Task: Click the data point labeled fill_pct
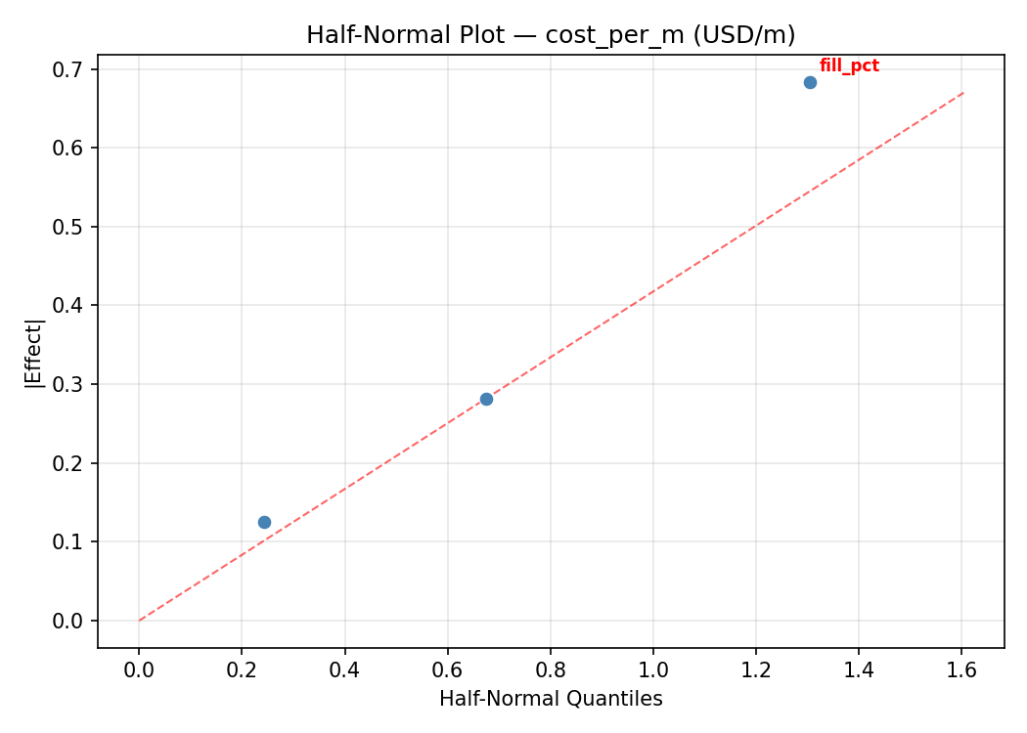click(x=810, y=82)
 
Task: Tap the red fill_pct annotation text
click(x=849, y=66)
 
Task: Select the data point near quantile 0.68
click(x=486, y=399)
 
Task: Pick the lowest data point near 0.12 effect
click(x=264, y=522)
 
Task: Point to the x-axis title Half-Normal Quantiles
click(x=551, y=699)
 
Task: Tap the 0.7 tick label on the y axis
click(x=70, y=69)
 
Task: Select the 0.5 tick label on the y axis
click(x=70, y=227)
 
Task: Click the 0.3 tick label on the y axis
click(x=70, y=384)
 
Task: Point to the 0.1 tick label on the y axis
click(x=70, y=541)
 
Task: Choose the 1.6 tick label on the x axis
click(x=961, y=669)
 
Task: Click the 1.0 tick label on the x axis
click(x=653, y=669)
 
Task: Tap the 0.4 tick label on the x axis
click(x=344, y=669)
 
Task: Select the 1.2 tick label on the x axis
click(x=756, y=669)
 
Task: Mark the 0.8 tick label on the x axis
click(x=550, y=669)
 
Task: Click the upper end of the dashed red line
click(x=963, y=93)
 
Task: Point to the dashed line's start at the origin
click(x=139, y=621)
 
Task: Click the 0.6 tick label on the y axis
click(x=70, y=149)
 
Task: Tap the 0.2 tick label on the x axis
click(x=242, y=669)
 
